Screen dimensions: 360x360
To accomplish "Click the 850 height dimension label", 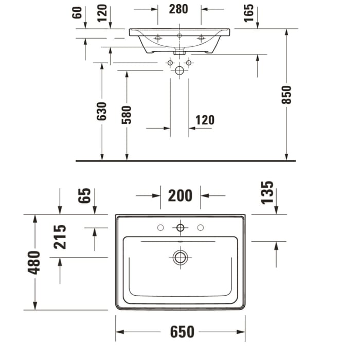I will [286, 95].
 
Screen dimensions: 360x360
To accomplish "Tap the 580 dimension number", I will [127, 115].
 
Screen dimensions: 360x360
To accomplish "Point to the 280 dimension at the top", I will [179, 9].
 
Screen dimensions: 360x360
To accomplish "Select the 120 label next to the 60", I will [102, 13].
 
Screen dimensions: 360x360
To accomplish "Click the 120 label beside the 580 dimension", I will [204, 120].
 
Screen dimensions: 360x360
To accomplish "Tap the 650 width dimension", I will [180, 332].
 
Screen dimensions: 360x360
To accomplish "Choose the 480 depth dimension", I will [34, 262].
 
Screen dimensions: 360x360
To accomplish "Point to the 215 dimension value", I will [60, 237].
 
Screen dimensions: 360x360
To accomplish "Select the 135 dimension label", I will [267, 192].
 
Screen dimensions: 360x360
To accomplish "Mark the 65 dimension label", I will [85, 195].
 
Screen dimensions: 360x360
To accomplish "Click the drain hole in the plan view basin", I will [180, 257].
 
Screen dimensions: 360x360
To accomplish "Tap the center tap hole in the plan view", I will [180, 227].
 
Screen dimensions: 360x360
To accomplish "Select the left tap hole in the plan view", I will [160, 227].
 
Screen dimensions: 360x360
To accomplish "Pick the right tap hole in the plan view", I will [200, 227].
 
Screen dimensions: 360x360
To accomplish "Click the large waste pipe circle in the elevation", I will [179, 70].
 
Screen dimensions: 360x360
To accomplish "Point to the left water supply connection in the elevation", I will [170, 63].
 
